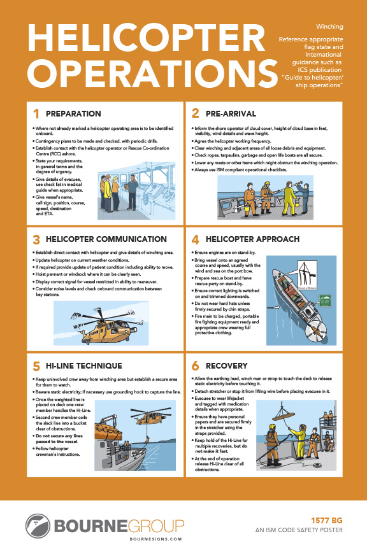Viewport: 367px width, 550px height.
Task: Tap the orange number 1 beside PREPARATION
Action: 36,114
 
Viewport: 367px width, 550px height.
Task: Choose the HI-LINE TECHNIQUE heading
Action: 84,366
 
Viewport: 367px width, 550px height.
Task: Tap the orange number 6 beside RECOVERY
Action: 196,366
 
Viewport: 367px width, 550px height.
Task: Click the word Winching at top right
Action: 329,27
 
